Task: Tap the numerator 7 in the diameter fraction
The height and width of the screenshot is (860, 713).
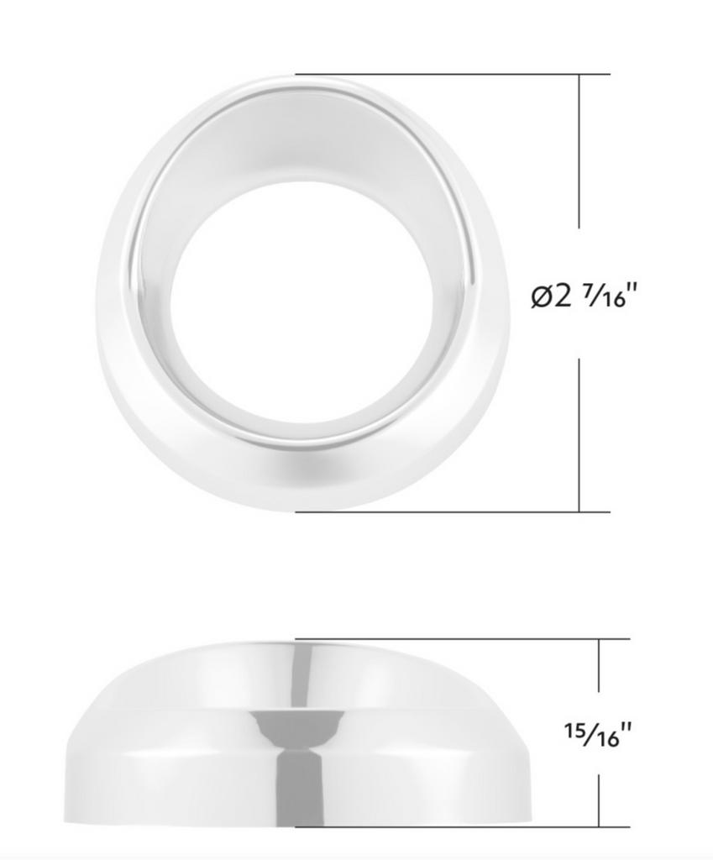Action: [588, 292]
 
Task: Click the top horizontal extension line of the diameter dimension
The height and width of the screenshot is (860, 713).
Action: [453, 74]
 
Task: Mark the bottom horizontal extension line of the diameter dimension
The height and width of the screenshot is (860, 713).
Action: [453, 511]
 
